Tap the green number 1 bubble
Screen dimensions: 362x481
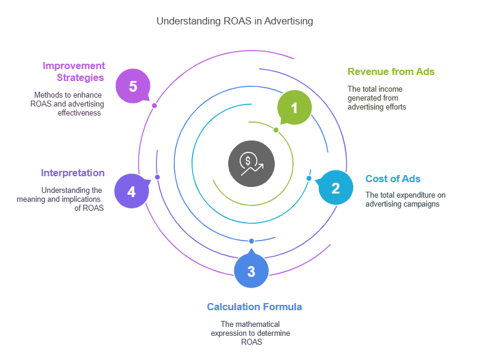[294, 108]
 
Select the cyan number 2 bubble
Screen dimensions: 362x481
[335, 188]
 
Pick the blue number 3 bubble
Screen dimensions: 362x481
[251, 271]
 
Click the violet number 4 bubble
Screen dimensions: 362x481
[131, 191]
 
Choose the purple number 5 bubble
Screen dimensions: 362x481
[133, 86]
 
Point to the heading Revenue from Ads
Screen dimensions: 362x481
[391, 71]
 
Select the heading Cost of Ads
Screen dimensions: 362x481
[392, 179]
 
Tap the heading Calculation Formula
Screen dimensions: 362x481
[254, 307]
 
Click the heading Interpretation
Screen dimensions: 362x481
[73, 173]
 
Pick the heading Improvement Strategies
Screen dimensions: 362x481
[73, 71]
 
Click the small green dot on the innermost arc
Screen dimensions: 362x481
[276, 129]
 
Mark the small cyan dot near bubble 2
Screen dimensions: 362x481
[309, 179]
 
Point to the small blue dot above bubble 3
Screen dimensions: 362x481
[251, 241]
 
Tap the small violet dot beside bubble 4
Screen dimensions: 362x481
[157, 177]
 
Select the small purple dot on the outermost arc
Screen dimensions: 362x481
[154, 105]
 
